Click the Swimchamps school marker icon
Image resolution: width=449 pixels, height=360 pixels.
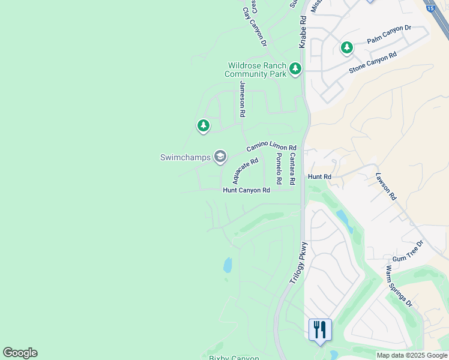coord(220,157)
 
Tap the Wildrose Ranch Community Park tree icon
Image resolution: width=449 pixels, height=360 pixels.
coord(295,69)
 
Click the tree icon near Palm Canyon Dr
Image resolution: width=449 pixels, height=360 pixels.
coord(347,47)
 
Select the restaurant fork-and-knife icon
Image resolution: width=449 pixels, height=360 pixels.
coord(319,329)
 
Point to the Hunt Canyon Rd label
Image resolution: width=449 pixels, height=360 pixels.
coord(246,190)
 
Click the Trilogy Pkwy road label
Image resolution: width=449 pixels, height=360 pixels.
coord(298,262)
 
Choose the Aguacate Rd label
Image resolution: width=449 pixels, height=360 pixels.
coord(245,170)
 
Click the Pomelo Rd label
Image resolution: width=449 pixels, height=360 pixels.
coord(279,169)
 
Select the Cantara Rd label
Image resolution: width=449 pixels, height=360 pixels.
coord(292,169)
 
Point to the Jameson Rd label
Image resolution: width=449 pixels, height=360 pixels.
coord(243,98)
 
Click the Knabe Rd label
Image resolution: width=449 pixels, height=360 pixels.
coord(303,32)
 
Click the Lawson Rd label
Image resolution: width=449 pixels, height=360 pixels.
coord(386,187)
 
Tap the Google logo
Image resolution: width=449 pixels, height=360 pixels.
coord(20,353)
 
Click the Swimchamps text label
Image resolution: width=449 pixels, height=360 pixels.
coord(185,158)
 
